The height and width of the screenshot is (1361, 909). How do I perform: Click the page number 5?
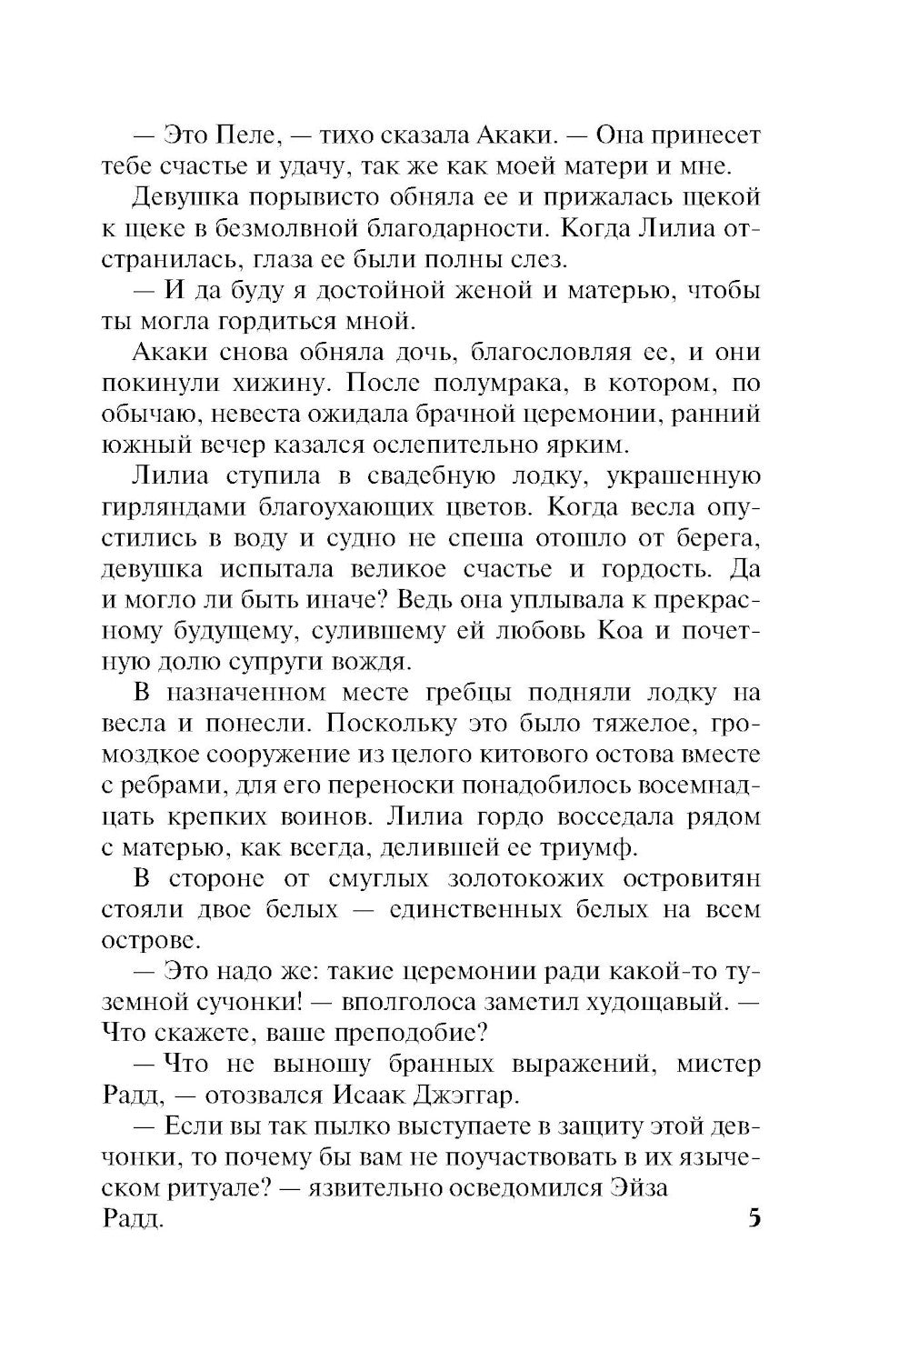pos(754,1217)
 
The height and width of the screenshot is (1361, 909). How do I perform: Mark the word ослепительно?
pos(466,445)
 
